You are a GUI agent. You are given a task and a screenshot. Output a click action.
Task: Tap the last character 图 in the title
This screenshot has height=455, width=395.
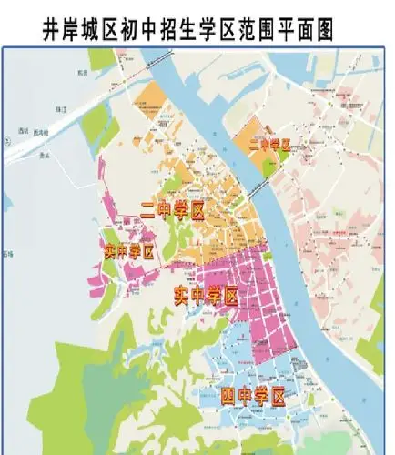(321, 28)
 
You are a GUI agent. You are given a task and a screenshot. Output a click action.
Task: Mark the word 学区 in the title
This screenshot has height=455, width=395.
(219, 28)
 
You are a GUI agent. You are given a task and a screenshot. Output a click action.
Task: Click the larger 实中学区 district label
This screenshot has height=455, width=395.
(206, 296)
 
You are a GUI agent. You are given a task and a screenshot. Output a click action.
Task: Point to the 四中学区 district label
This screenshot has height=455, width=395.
(253, 396)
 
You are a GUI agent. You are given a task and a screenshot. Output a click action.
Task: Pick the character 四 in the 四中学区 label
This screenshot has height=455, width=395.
(228, 396)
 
